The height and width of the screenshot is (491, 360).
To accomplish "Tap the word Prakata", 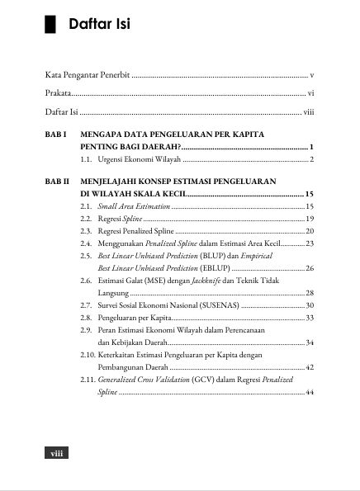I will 58,93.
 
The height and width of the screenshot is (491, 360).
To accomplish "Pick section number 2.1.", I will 86,205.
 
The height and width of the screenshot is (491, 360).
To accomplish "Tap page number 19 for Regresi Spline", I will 310,218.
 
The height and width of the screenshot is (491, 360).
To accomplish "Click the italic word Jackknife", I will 207,281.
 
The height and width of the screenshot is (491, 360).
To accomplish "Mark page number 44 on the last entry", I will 310,393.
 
